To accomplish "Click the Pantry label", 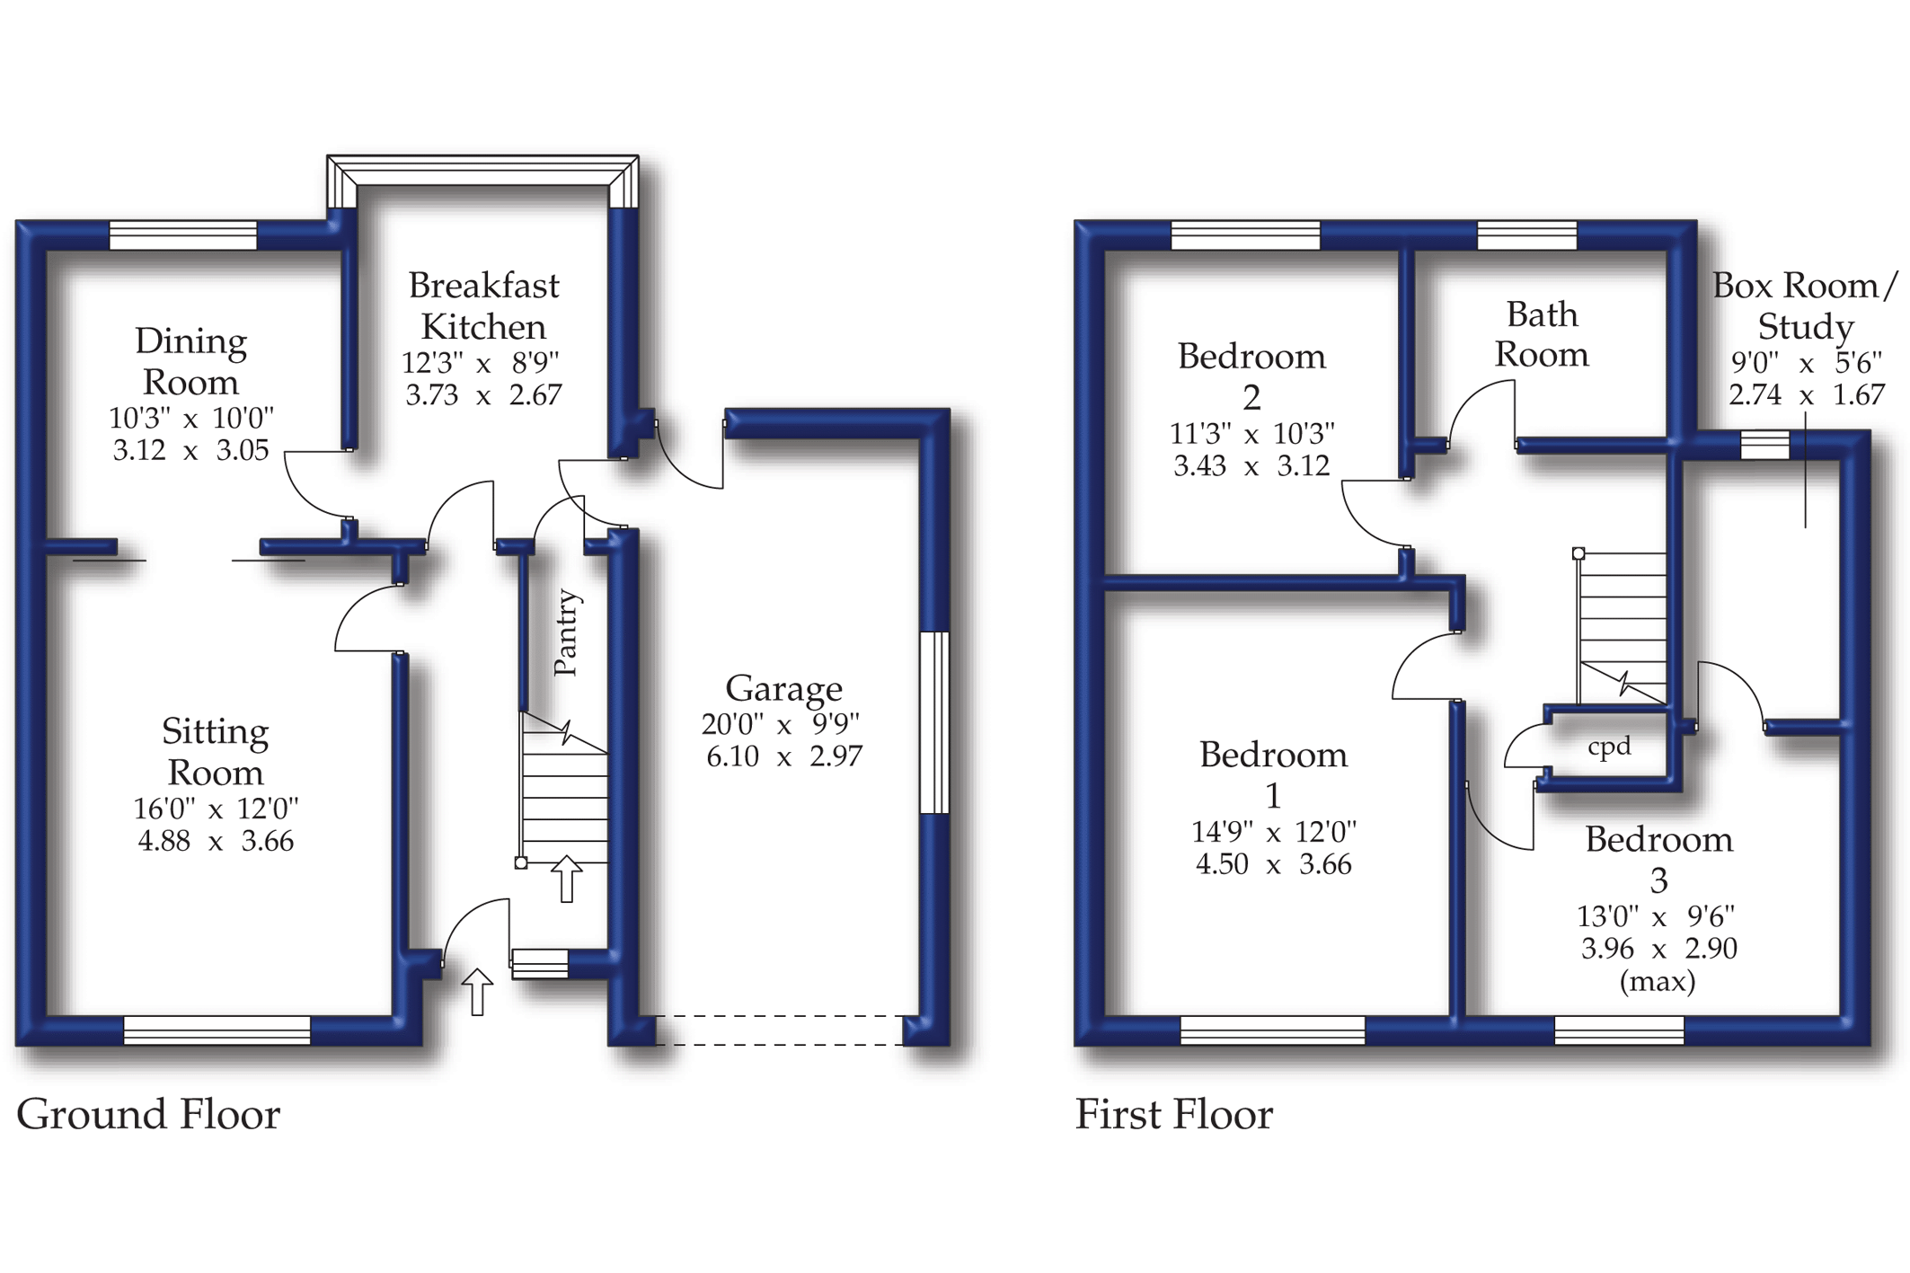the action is coord(567,632).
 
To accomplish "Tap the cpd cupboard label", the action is coord(1609,747).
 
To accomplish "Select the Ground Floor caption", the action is coord(148,1115).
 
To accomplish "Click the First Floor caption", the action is coord(1173,1115).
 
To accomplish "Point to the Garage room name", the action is coord(783,689).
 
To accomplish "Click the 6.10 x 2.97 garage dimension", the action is coord(783,756).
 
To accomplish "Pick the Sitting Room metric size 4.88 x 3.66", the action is coord(216,842).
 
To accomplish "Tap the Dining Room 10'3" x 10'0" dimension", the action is coord(190,418).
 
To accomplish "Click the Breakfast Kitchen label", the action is coord(483,306).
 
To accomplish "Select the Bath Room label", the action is coord(1542,334).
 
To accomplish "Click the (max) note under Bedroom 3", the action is coord(1658,981).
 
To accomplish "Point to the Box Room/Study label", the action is coord(1805,306).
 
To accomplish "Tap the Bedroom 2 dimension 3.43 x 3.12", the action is coord(1251,466).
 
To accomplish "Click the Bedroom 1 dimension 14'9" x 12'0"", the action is coord(1273,832).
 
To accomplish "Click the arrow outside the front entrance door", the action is coord(477,992).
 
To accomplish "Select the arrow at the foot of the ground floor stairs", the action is coord(566,879).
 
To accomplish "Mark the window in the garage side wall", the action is coord(935,722).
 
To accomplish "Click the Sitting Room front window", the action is coord(217,1030).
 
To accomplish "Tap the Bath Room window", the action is coord(1526,235).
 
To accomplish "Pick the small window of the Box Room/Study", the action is coord(1764,445).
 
